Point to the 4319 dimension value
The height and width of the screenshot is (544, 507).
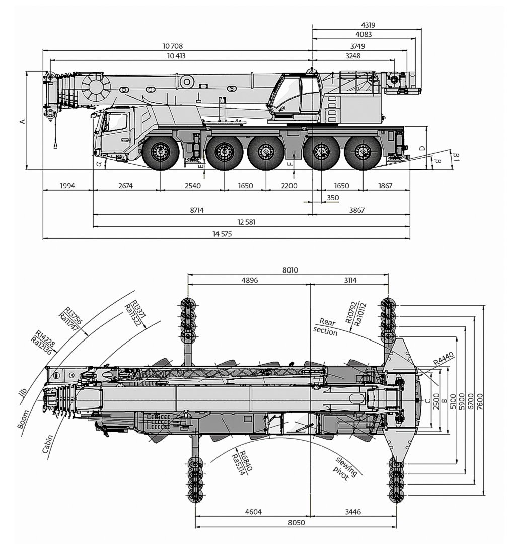(x=368, y=24)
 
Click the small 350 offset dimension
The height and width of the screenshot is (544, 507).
(x=333, y=198)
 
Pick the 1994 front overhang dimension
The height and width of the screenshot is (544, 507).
(x=67, y=186)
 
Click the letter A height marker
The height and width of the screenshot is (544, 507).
(x=22, y=121)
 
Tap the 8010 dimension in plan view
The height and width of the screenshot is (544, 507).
(x=290, y=270)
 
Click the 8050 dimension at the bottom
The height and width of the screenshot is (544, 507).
(x=297, y=523)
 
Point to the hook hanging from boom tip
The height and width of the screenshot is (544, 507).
(x=54, y=145)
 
